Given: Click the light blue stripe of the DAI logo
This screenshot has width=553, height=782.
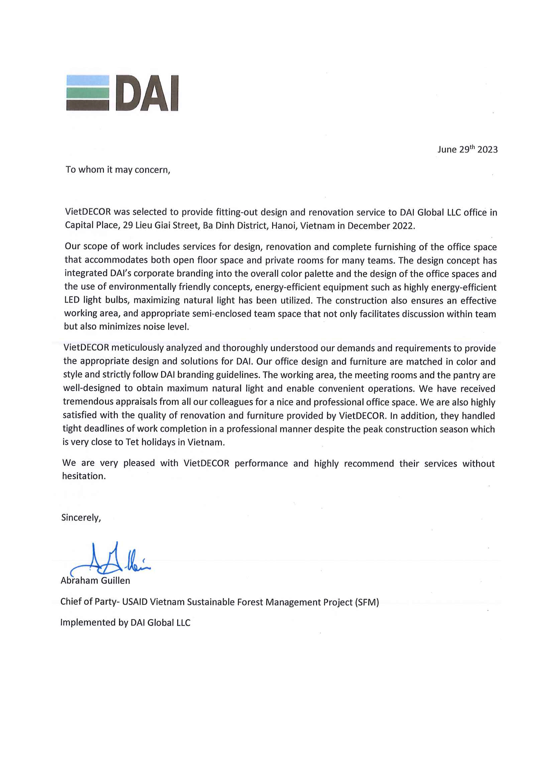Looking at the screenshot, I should [88, 80].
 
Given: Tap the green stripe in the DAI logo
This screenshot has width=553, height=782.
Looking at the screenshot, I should [88, 93].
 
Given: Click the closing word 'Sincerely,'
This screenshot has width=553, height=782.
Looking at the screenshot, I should [81, 518].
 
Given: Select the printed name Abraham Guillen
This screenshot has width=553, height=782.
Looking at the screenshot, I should [95, 580].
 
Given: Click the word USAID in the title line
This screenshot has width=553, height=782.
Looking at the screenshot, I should [135, 602].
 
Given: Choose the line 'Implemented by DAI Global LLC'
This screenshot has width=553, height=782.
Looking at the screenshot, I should [125, 623].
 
